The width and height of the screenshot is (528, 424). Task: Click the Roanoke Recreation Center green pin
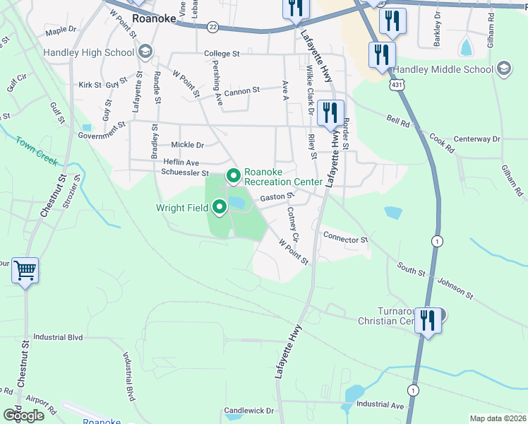click(x=234, y=175)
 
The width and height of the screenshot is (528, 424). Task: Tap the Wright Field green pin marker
click(x=219, y=207)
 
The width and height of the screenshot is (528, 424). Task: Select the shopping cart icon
click(x=25, y=270)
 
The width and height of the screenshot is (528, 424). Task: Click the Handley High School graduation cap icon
click(x=145, y=52)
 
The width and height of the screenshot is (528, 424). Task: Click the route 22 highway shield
click(x=213, y=27)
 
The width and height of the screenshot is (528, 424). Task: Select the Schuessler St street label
click(x=185, y=172)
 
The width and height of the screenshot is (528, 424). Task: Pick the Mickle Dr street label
click(x=187, y=145)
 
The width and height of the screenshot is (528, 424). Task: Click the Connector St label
click(x=346, y=238)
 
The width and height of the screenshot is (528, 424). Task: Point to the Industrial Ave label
click(x=380, y=405)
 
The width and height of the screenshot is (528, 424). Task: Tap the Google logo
click(x=23, y=415)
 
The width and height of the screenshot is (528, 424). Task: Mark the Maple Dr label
click(x=60, y=31)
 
